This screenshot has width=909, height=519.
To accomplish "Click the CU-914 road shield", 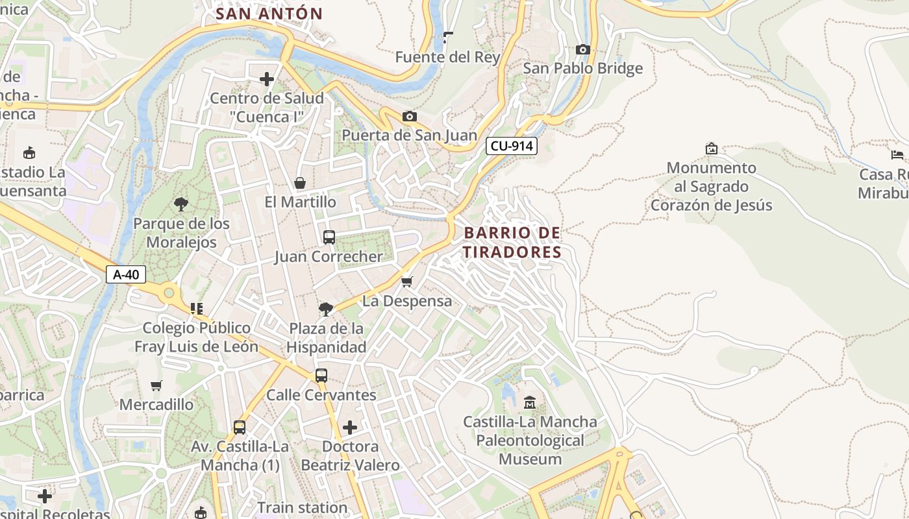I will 512,146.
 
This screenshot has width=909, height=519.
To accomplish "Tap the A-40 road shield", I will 126,274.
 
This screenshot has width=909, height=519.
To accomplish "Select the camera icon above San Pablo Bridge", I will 582,49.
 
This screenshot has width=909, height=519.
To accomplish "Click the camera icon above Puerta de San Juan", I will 409,116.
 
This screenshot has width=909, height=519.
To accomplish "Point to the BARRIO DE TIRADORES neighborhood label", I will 512,242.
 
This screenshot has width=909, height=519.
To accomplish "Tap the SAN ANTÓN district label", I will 269,14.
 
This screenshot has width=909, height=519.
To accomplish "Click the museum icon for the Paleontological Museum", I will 530,402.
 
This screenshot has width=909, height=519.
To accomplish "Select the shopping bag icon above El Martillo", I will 300,183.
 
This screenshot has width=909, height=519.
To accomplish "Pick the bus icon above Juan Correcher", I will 329,237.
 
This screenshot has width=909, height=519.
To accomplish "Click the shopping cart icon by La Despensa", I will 406,282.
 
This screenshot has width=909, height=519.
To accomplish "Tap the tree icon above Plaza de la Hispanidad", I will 326,309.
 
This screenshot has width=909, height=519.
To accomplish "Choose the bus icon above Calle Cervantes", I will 321,376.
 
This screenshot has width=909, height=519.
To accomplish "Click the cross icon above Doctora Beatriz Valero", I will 350,427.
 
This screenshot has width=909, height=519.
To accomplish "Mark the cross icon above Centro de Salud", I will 266,79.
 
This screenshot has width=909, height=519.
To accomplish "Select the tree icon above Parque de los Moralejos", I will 181,204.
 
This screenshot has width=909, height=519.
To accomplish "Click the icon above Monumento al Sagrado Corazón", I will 712,149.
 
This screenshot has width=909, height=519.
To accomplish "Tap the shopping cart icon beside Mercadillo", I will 156,385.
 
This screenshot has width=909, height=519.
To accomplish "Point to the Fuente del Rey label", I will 447,57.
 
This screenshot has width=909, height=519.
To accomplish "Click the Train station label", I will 303,507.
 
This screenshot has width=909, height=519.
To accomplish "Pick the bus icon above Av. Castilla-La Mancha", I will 240,427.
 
